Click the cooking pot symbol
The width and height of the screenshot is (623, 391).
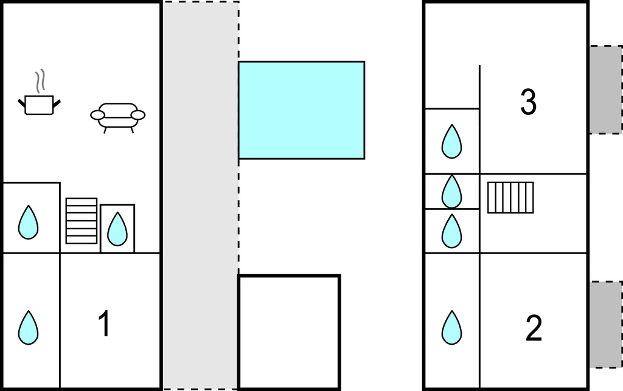coord(40,105)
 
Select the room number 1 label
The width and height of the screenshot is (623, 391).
coord(105,324)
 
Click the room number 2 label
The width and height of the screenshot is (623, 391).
coord(534,329)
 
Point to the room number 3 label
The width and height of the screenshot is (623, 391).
coord(528,102)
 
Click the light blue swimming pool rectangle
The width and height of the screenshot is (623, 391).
coord(301,110)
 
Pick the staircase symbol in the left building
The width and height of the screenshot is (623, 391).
coord(82,220)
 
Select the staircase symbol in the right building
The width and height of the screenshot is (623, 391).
coord(510,198)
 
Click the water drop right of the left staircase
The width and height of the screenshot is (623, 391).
coord(117,228)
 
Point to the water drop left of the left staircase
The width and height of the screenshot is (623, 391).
coord(29,222)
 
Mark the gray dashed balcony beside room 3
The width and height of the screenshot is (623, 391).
coord(605,89)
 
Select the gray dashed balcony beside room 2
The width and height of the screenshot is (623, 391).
coord(605,324)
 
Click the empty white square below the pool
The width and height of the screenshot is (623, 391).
coord(289,332)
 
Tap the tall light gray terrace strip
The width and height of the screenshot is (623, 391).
coord(200,195)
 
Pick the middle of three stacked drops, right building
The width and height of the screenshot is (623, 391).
coord(451,191)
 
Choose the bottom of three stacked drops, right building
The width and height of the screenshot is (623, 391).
coord(451,231)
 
